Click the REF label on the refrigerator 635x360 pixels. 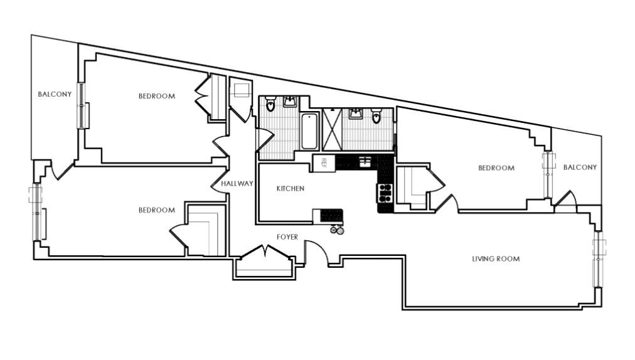tap(324, 163)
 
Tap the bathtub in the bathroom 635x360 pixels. tap(309, 131)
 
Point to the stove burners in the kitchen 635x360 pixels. tap(385, 193)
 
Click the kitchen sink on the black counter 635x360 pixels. tap(365, 162)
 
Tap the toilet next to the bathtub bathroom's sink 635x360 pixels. tap(270, 104)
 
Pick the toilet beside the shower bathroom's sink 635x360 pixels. tap(376, 116)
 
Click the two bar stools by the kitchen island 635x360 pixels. tap(337, 230)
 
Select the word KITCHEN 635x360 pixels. tap(291, 188)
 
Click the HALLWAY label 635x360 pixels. tap(237, 183)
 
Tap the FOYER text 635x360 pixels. tap(287, 237)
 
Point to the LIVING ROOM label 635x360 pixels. tap(496, 259)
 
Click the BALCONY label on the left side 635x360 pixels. tap(55, 94)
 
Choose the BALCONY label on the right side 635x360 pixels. tap(580, 167)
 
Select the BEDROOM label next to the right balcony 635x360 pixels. tap(496, 167)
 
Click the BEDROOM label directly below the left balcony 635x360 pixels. tap(157, 209)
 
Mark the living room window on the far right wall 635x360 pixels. tap(598, 259)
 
